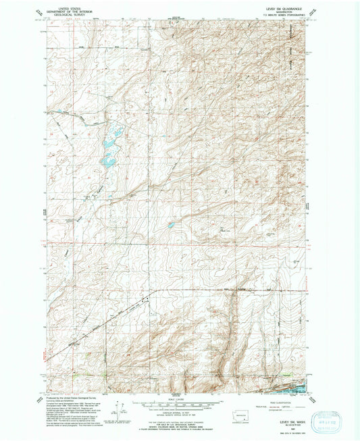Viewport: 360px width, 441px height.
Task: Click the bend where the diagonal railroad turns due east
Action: (154, 291)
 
